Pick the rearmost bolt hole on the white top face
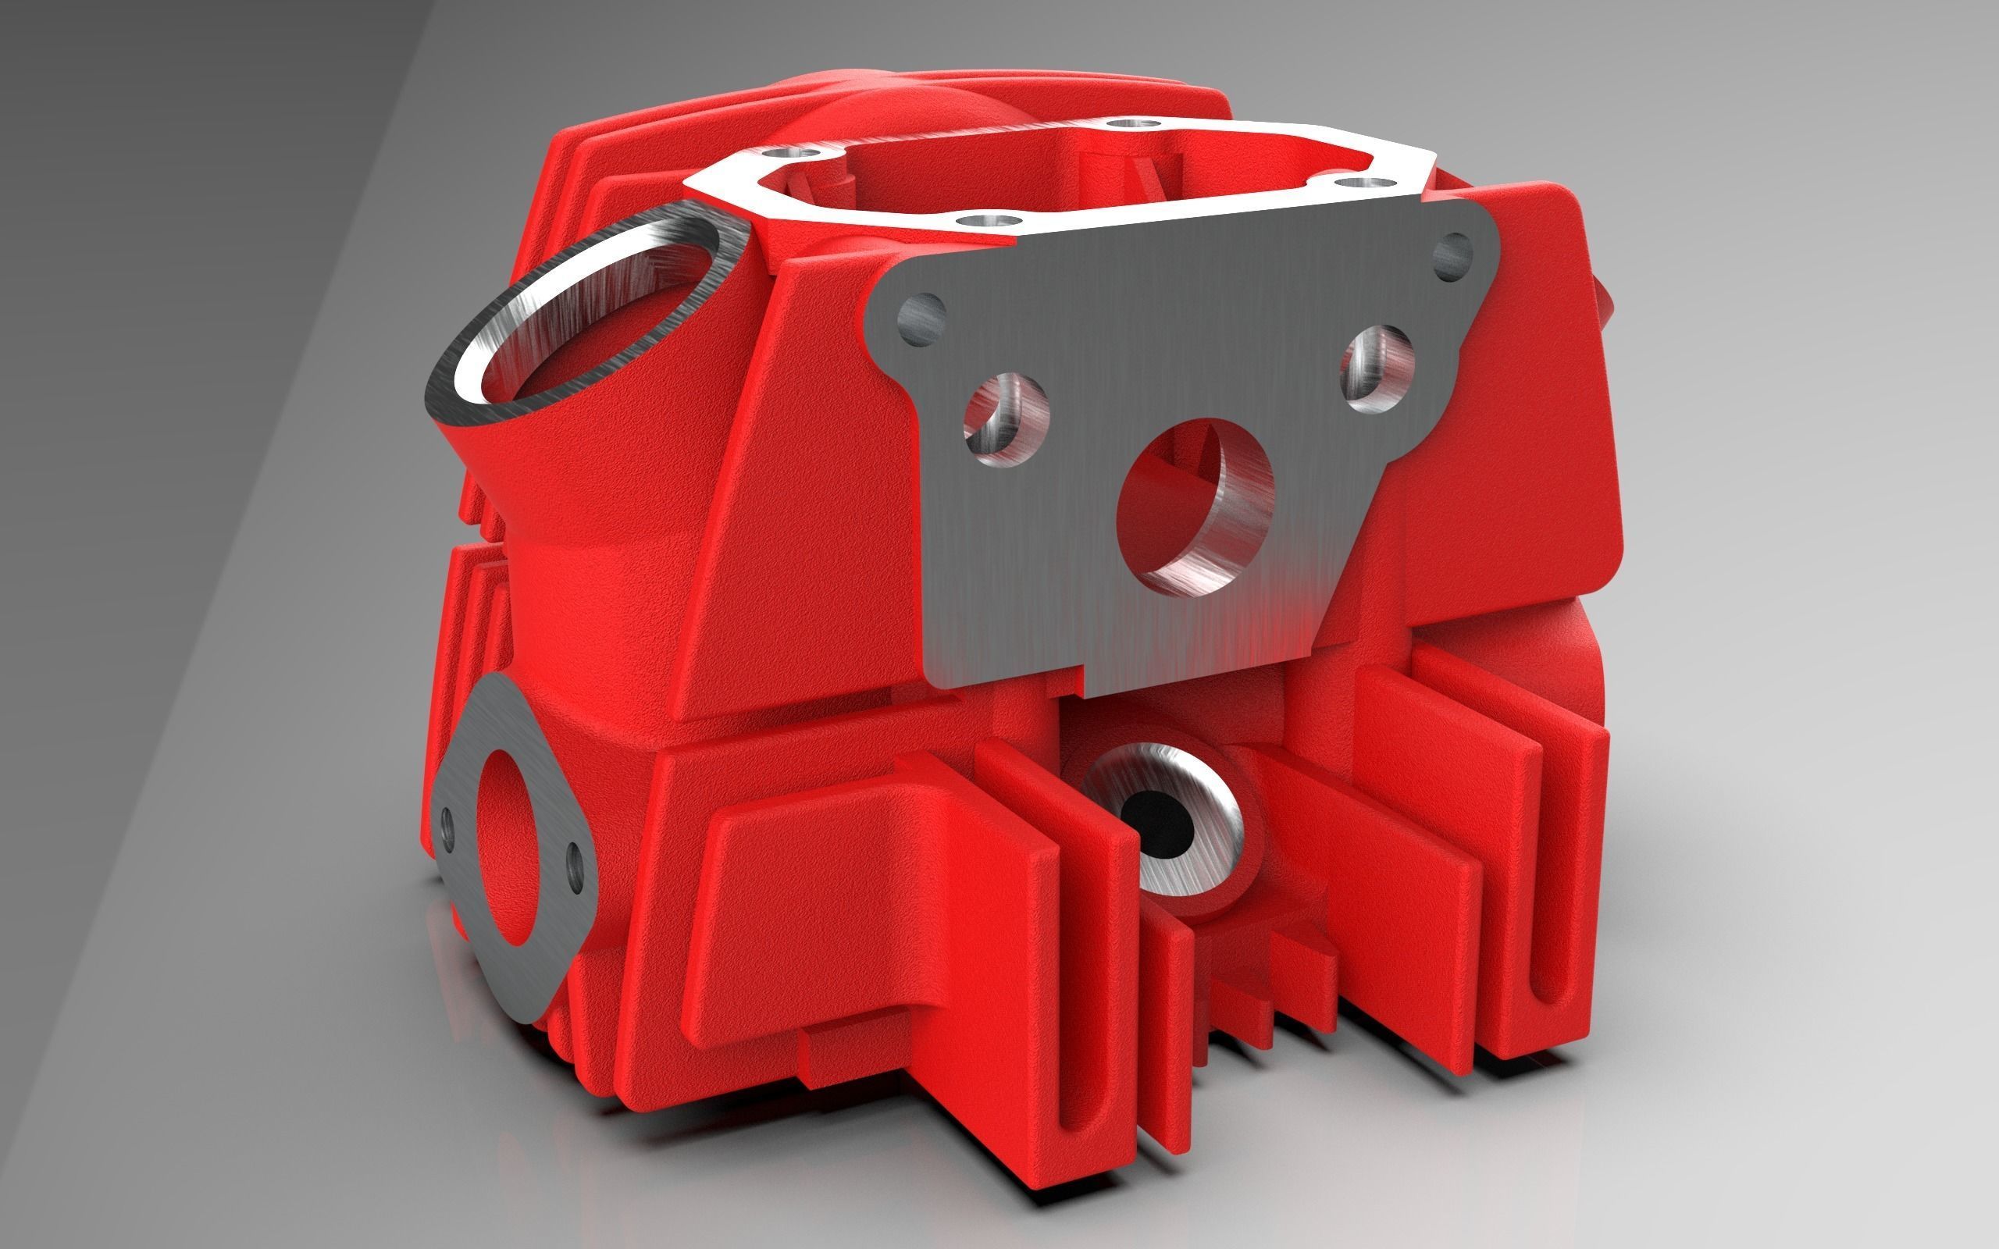pyautogui.click(x=1130, y=125)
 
